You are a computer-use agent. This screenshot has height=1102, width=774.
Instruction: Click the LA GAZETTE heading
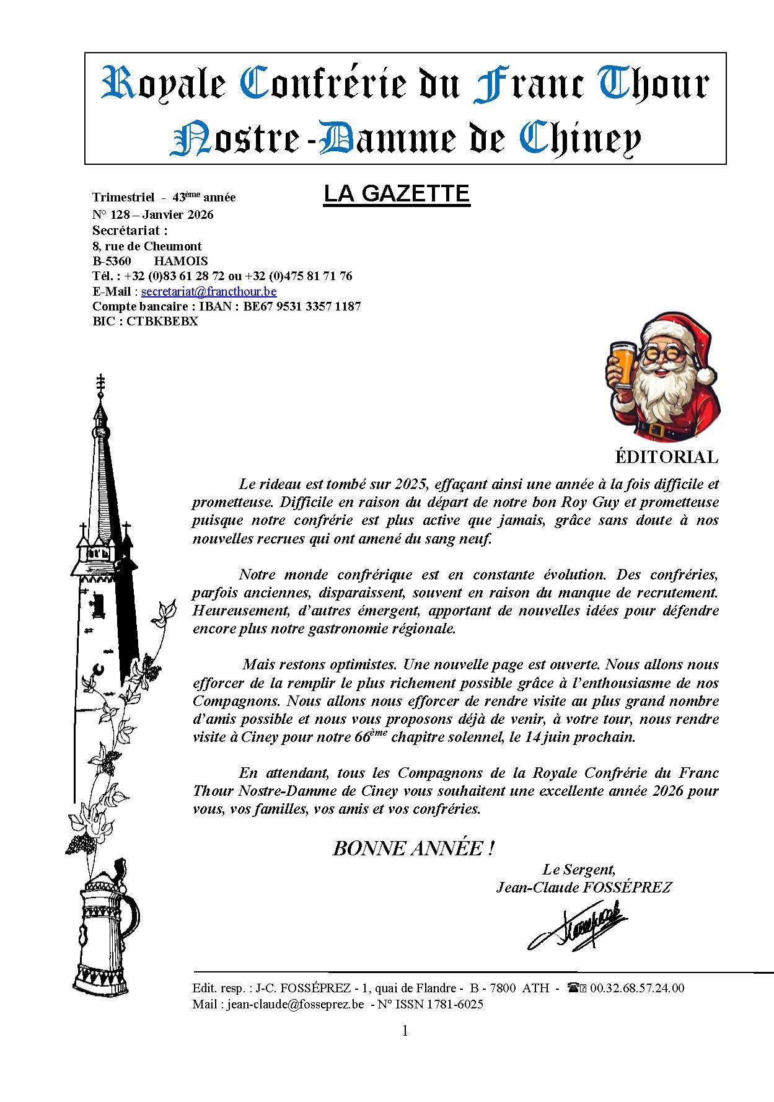(x=397, y=194)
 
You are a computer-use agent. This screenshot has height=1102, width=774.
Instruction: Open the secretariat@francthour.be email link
(x=209, y=291)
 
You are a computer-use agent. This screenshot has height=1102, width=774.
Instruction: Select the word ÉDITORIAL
(x=666, y=457)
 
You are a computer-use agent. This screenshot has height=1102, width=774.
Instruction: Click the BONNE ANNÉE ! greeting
(x=413, y=849)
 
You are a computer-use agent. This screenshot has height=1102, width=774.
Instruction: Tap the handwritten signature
(x=578, y=928)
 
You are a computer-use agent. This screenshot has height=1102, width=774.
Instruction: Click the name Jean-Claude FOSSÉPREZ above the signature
(x=583, y=888)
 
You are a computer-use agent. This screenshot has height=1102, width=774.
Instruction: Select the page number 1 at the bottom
(x=405, y=1031)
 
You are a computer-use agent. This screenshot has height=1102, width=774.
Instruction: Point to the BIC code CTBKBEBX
(x=162, y=322)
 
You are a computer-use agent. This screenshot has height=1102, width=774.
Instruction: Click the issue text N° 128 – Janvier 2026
(x=152, y=215)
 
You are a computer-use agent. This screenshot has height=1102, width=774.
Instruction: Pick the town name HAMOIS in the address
(x=180, y=261)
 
